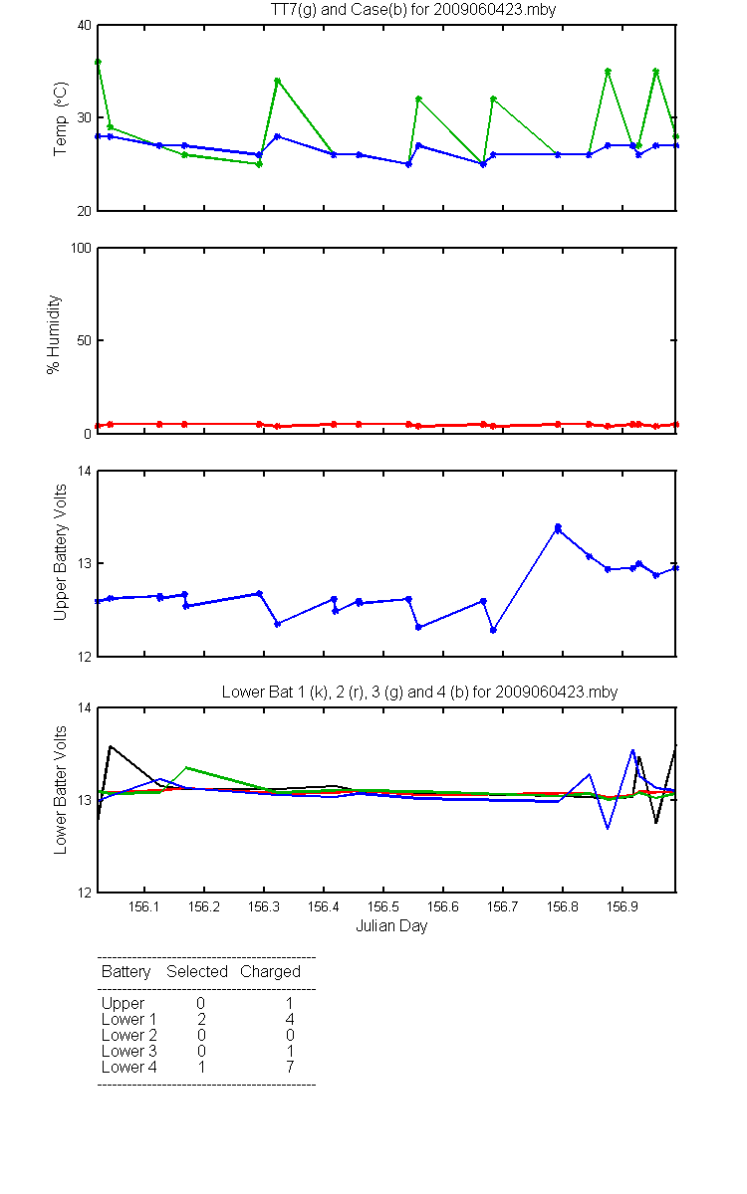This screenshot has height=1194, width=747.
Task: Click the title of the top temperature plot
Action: click(x=413, y=10)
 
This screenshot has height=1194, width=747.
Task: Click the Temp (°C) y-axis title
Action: click(x=61, y=118)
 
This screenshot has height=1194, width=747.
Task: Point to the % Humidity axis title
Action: click(x=54, y=334)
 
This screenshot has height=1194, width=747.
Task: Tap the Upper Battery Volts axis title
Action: click(x=61, y=552)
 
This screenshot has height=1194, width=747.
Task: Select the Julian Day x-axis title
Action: click(x=391, y=926)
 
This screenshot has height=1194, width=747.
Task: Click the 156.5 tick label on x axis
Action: click(x=383, y=906)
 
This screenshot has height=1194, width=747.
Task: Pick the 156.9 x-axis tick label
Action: click(x=622, y=906)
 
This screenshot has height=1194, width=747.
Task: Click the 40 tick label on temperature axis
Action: click(x=85, y=26)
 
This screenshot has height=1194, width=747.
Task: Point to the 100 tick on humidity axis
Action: click(x=81, y=249)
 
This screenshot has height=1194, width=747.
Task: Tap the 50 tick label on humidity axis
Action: click(x=85, y=340)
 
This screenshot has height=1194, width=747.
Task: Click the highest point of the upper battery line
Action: click(x=558, y=527)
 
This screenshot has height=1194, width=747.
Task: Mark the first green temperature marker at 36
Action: click(x=99, y=63)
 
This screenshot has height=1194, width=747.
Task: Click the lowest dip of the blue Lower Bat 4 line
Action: click(x=608, y=828)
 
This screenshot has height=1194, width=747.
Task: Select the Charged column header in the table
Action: click(x=270, y=971)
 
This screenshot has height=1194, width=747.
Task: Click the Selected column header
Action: click(x=197, y=971)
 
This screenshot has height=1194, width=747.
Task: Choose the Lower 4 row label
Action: click(x=129, y=1067)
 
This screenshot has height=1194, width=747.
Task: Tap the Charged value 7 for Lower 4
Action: click(x=290, y=1067)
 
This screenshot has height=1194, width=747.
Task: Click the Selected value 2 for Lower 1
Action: click(x=201, y=1019)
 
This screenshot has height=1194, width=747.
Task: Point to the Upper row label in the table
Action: click(x=123, y=1004)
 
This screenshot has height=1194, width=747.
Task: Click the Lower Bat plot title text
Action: click(x=420, y=692)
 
